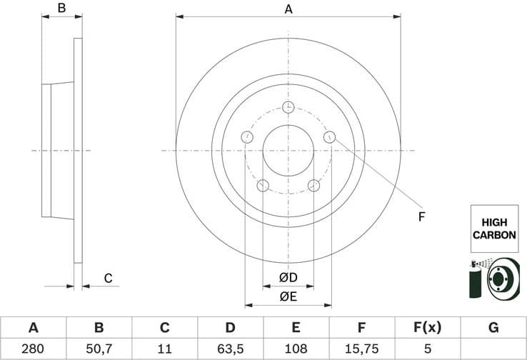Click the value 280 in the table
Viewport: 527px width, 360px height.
pyautogui.click(x=33, y=349)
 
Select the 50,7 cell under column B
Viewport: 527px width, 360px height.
pyautogui.click(x=99, y=349)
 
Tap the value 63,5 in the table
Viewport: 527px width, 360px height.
pyautogui.click(x=230, y=349)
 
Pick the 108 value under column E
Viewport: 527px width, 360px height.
pyautogui.click(x=296, y=349)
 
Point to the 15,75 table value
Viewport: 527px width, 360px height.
pyautogui.click(x=362, y=349)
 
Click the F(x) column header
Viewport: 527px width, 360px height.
pyautogui.click(x=428, y=328)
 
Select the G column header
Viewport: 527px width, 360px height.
pyautogui.click(x=493, y=328)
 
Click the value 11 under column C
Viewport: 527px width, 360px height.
pyautogui.click(x=164, y=349)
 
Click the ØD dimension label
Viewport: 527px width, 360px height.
pyautogui.click(x=288, y=277)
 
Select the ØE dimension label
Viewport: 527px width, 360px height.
pyautogui.click(x=288, y=296)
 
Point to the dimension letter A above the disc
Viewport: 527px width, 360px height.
pyautogui.click(x=288, y=9)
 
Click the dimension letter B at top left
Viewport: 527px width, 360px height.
pyautogui.click(x=61, y=9)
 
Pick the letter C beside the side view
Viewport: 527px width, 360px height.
pyautogui.click(x=109, y=278)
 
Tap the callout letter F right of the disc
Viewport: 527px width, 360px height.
pyautogui.click(x=421, y=216)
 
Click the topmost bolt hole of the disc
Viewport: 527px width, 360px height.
pyautogui.click(x=288, y=107)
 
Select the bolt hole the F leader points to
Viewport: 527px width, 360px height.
pyautogui.click(x=329, y=136)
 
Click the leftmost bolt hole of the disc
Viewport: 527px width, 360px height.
pyautogui.click(x=247, y=136)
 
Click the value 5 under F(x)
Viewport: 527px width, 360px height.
pyautogui.click(x=428, y=349)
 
